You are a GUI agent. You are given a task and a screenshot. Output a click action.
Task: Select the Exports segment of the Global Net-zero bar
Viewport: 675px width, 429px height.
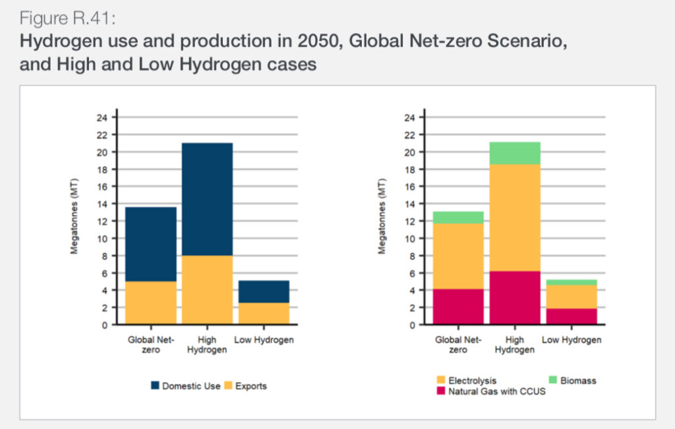(150, 302)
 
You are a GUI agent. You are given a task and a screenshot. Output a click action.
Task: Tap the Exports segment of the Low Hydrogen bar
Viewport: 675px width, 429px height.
(264, 313)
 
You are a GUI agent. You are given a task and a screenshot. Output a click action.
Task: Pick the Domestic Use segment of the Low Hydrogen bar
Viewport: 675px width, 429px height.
(264, 291)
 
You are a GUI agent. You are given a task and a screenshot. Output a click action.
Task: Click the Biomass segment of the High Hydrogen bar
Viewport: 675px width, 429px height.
(515, 153)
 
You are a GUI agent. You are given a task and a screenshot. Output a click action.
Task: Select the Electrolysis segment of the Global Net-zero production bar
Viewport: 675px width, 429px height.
(458, 256)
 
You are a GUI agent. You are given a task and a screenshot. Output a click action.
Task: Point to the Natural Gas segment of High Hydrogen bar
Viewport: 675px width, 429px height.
(515, 297)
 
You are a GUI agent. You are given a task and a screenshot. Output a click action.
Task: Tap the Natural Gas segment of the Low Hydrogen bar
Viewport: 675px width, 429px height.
(572, 316)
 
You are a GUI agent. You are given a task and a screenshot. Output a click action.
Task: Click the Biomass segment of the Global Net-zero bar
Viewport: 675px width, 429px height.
(458, 217)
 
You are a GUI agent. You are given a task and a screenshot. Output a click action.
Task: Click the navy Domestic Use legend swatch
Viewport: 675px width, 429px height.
(156, 386)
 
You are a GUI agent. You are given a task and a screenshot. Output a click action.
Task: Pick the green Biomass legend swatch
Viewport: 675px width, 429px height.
(552, 380)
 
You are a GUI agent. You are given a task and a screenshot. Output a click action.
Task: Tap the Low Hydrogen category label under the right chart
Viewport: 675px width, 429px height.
(572, 340)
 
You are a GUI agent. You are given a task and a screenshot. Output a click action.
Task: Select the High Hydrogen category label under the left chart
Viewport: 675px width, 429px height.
(207, 345)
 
